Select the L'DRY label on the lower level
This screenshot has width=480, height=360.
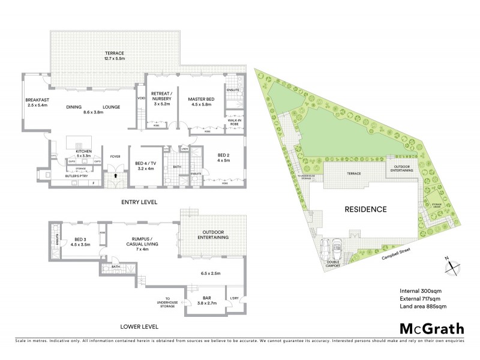click(235, 298)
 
